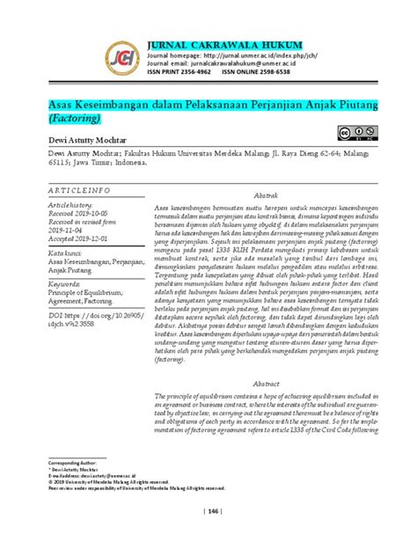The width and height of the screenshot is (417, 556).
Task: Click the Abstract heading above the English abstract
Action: tap(267, 359)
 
